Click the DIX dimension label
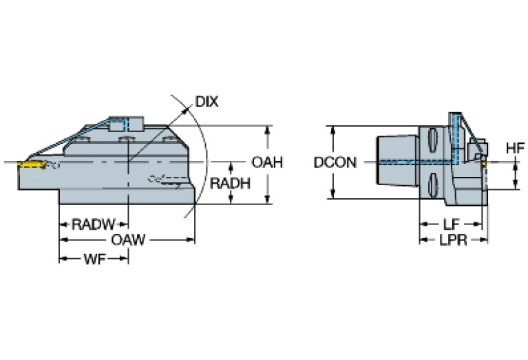(x=207, y=101)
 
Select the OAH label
(x=267, y=162)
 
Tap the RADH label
(x=230, y=184)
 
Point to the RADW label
(x=93, y=224)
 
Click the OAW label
(x=128, y=240)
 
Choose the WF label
(x=94, y=259)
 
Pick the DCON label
(x=335, y=162)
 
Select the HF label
(x=516, y=148)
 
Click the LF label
(x=451, y=224)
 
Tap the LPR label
(x=453, y=240)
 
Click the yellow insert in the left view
(x=31, y=165)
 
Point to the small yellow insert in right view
(x=484, y=164)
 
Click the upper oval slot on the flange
(x=433, y=140)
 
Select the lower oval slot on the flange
(x=433, y=185)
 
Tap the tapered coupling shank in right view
(x=397, y=160)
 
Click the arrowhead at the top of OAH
(x=267, y=130)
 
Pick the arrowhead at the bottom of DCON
(x=333, y=194)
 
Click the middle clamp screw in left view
(x=127, y=139)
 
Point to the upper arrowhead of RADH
(x=231, y=167)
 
